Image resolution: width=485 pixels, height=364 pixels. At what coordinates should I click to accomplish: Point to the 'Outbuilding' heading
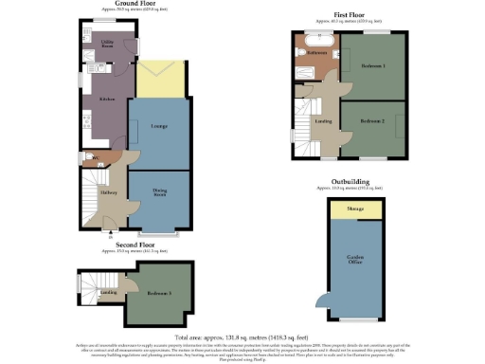pyautogui.click(x=350, y=181)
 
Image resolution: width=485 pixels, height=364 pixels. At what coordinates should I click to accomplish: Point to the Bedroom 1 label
pyautogui.click(x=373, y=66)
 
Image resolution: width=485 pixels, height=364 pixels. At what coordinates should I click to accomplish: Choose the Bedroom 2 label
pyautogui.click(x=373, y=121)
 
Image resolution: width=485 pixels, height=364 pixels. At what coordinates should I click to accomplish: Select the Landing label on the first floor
pyautogui.click(x=324, y=120)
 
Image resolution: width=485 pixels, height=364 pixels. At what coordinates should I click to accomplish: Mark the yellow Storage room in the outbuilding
pyautogui.click(x=357, y=209)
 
